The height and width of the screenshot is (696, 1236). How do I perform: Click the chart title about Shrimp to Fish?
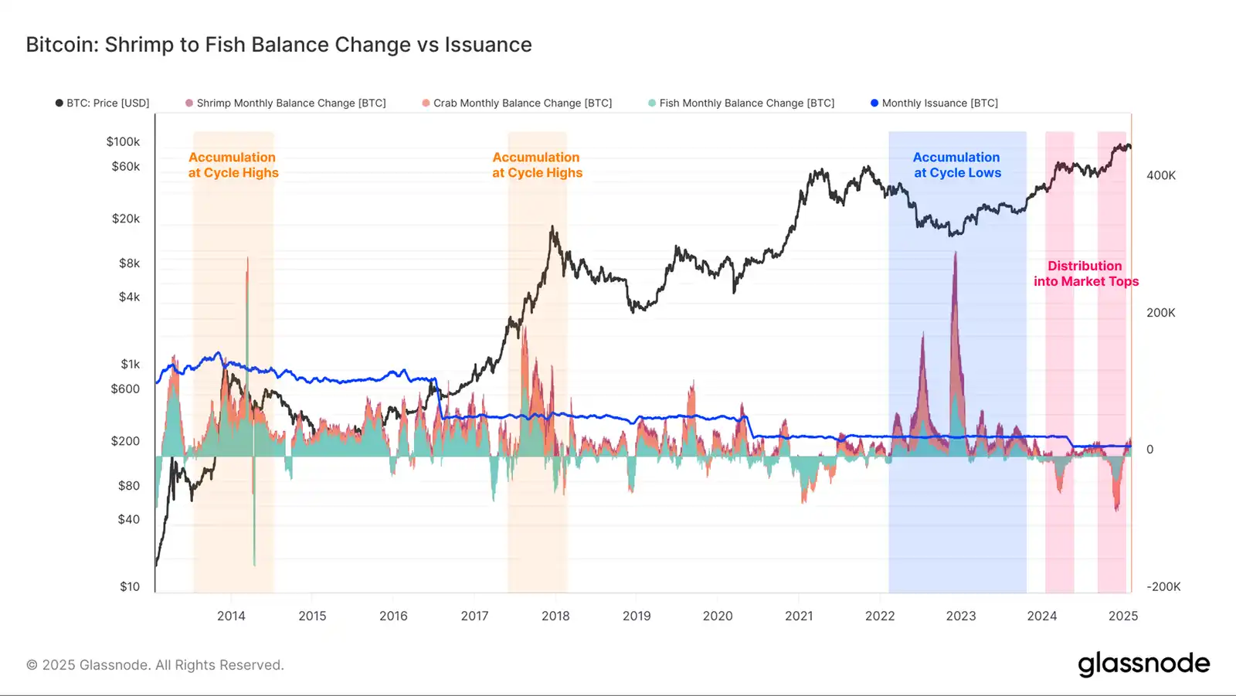pos(279,45)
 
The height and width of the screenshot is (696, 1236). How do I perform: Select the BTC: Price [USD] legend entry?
pos(103,103)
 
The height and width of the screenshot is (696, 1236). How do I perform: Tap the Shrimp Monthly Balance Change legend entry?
pos(286,103)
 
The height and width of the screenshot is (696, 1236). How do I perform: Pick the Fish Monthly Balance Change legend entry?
pos(742,103)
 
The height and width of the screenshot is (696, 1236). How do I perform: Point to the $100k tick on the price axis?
pos(124,141)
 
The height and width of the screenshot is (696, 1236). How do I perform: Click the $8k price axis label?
pos(129,263)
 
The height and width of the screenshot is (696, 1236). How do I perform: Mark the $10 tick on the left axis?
pos(130,586)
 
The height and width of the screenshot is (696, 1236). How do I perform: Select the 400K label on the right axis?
pos(1160,175)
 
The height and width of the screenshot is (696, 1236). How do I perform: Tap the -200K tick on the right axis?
pos(1163,586)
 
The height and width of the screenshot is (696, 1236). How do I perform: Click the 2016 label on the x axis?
pos(393,616)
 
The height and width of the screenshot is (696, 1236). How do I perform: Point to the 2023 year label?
pos(960,616)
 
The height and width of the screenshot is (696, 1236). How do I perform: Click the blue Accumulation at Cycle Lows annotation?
pos(957,165)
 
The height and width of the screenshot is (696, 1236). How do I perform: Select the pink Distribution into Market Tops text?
pos(1085,273)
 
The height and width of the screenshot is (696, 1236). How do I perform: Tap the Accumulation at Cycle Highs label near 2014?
pos(233,165)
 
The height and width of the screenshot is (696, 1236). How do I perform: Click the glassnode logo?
pos(1143,664)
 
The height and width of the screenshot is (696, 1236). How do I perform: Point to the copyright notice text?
pos(155,665)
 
